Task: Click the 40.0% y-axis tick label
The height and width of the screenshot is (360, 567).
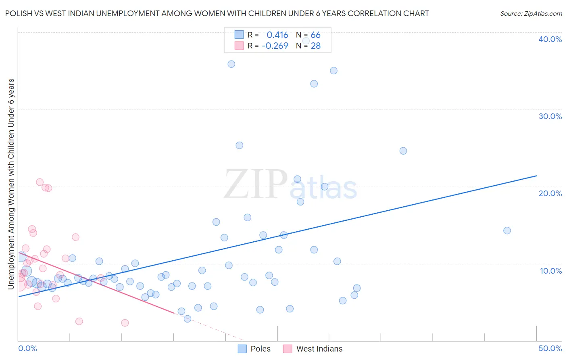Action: [x=550, y=39]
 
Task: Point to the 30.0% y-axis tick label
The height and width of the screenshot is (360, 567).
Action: [x=550, y=116]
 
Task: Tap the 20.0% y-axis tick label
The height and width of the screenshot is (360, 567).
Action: [x=550, y=193]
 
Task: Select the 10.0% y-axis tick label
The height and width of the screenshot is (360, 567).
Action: [x=551, y=271]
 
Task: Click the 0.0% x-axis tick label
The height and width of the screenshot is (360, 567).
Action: [x=27, y=348]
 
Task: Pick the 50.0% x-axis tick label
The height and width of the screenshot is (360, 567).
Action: [x=550, y=348]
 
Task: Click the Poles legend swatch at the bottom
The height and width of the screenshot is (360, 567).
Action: [x=242, y=349]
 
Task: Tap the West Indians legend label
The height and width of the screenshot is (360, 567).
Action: [x=319, y=349]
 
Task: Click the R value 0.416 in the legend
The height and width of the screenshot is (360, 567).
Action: [x=277, y=35]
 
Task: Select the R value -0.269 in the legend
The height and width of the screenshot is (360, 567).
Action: [x=275, y=46]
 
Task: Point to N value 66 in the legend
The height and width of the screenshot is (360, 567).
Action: [x=315, y=35]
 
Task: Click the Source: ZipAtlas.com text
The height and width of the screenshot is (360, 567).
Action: [x=531, y=14]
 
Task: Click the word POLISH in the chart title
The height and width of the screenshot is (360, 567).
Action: [x=19, y=14]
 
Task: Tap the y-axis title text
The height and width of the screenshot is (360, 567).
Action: [x=11, y=184]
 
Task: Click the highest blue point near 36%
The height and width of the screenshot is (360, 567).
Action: [x=231, y=64]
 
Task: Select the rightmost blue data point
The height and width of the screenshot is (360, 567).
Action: [x=507, y=230]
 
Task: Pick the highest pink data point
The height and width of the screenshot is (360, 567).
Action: [x=40, y=182]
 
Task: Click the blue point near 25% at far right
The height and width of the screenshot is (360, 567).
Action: [x=403, y=151]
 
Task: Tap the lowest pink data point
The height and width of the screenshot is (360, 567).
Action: [x=125, y=323]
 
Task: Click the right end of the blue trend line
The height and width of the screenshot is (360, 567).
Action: [x=536, y=176]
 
